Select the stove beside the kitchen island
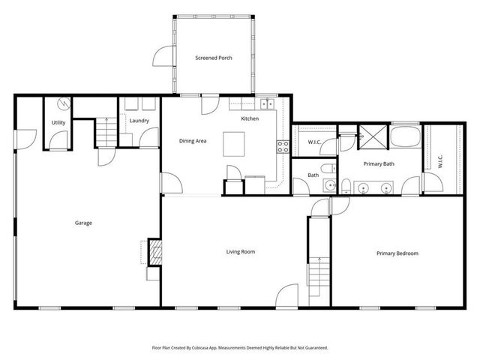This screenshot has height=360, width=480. click(283, 147)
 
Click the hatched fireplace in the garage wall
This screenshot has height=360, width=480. click(154, 253)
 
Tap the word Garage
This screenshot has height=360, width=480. click(83, 223)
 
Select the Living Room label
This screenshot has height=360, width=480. click(241, 252)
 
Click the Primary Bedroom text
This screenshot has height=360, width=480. click(397, 253)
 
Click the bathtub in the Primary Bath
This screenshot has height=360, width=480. click(405, 137)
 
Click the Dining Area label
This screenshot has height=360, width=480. click(193, 140)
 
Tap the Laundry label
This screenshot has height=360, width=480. click(139, 121)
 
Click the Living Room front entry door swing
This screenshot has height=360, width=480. click(287, 297)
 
